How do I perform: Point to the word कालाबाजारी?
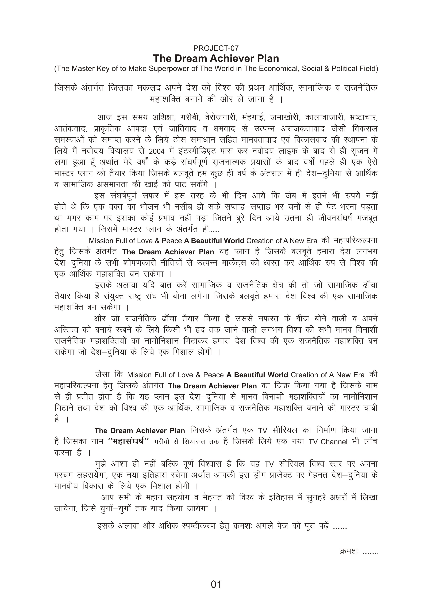click(325, 117)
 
